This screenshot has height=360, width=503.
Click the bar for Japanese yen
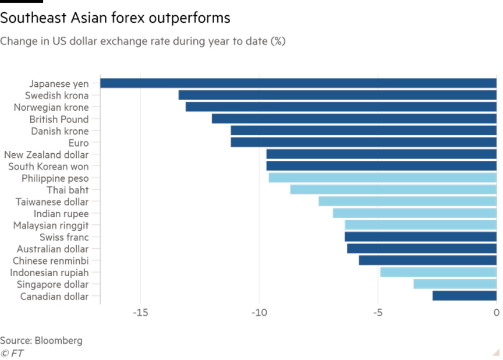tap(298, 83)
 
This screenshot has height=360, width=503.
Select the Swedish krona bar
tap(337, 95)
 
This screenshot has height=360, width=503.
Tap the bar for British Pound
tap(353, 119)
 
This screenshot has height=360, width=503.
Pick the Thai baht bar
tap(393, 189)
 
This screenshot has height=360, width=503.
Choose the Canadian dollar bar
tap(464, 296)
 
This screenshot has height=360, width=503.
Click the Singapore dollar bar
tap(455, 284)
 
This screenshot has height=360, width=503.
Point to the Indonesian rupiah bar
tap(438, 272)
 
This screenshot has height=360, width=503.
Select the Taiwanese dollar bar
tap(407, 202)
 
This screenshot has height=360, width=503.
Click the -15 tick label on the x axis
tap(140, 313)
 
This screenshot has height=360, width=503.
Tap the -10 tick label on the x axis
tap(259, 313)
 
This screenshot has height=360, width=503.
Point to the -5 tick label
tap(377, 313)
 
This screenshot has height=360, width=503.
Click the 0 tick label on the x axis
tap(496, 313)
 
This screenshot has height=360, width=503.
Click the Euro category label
tap(78, 143)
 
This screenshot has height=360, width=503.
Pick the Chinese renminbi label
tap(51, 260)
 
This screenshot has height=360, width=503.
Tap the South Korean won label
tap(48, 166)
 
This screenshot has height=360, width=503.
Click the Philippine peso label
tap(55, 178)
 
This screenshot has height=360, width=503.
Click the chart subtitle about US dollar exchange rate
tap(143, 42)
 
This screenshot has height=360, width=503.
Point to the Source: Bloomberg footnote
tap(41, 341)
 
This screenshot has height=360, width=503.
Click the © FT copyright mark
tap(12, 353)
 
